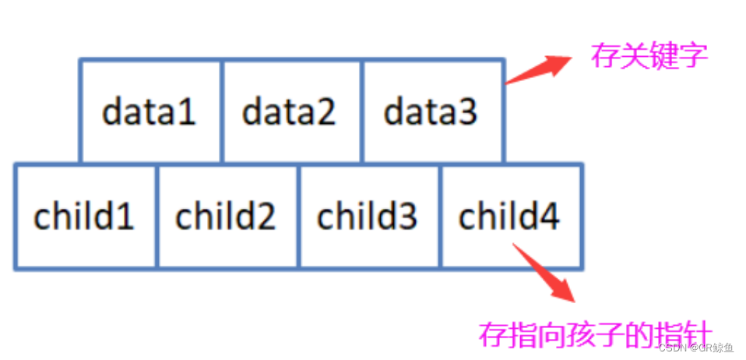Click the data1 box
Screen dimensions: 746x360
tap(150, 112)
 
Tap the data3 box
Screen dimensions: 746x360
tap(431, 112)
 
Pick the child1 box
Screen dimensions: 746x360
tap(85, 216)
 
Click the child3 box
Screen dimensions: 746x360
tap(369, 216)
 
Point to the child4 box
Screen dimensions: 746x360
tap(511, 216)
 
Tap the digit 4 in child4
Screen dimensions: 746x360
tap(548, 216)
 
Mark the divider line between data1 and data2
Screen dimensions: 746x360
tap(222, 112)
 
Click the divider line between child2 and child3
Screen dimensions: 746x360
tap(299, 216)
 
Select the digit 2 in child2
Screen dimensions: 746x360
tap(265, 216)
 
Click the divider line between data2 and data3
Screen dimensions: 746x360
tap(362, 112)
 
